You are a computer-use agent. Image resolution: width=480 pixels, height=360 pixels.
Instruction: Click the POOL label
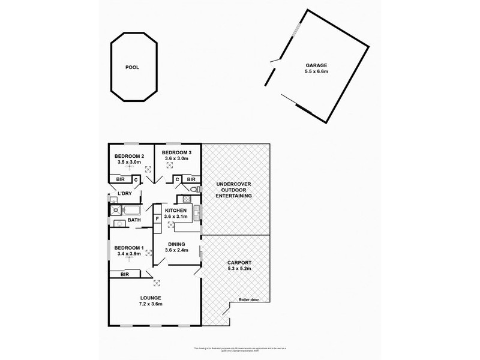132,68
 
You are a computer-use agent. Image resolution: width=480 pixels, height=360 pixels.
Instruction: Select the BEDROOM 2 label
128,155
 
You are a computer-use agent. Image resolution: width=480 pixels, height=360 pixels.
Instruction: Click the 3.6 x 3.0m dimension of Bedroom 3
176,160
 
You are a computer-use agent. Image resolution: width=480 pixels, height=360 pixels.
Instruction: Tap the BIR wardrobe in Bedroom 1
125,274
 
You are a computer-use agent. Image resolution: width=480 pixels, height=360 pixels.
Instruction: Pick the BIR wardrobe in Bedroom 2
120,179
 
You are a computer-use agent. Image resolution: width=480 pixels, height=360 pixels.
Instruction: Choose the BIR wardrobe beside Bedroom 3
191,179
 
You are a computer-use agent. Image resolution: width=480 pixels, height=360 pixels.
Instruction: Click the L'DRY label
124,193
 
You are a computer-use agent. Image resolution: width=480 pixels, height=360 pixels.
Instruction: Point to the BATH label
134,220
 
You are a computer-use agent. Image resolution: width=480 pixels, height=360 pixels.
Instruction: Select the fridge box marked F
157,218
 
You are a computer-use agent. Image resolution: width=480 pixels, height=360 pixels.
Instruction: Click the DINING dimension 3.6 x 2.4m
176,250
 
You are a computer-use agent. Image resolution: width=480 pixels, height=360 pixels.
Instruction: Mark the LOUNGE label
151,298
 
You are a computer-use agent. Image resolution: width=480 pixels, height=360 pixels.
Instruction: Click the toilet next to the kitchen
188,191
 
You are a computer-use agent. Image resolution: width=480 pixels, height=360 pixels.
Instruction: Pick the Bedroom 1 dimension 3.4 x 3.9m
129,254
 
